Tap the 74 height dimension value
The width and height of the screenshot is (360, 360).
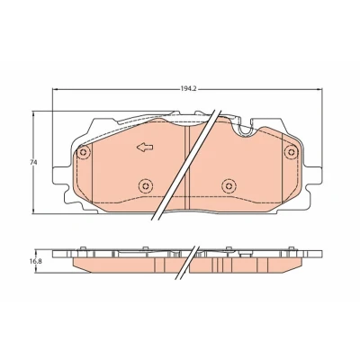point(33,163)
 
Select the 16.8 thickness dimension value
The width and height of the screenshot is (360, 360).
point(35,261)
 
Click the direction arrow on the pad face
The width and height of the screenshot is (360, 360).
point(145,148)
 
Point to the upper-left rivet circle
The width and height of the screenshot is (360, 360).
point(83,152)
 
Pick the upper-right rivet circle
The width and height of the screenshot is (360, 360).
point(291,151)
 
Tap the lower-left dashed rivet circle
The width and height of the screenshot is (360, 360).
point(146,185)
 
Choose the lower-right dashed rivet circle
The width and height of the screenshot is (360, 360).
point(229,185)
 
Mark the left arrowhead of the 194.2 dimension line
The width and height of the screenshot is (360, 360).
point(55,89)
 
